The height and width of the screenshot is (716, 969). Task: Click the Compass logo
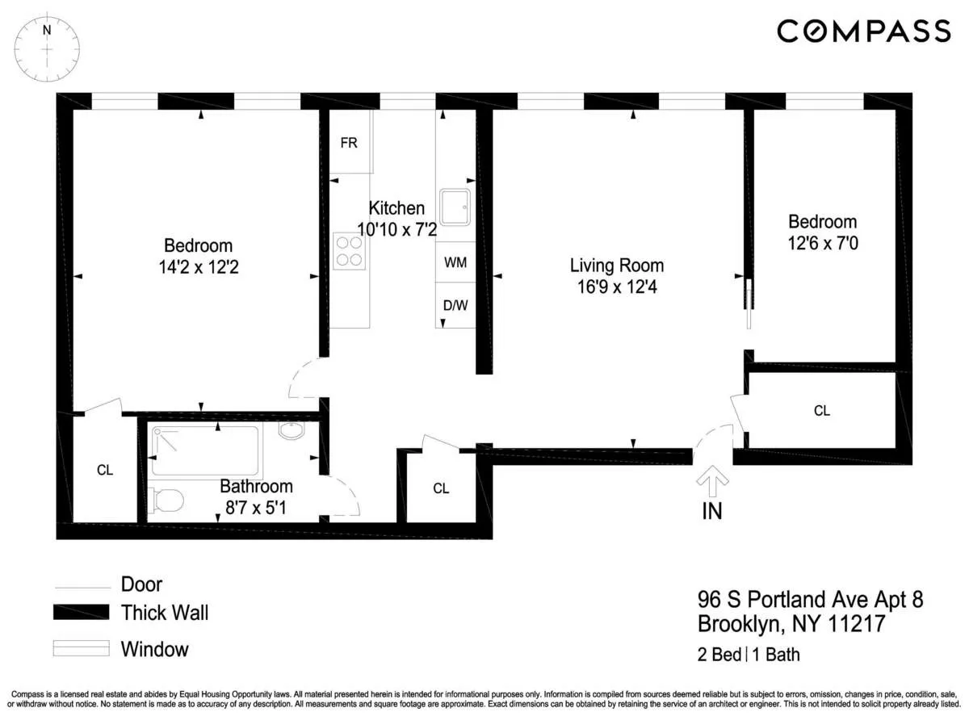[863, 31]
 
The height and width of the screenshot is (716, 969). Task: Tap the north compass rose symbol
[48, 49]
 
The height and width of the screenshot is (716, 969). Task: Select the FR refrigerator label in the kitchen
[349, 143]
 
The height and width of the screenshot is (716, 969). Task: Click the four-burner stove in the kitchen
[350, 249]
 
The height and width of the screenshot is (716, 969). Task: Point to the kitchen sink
[455, 207]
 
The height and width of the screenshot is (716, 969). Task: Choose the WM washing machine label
[455, 263]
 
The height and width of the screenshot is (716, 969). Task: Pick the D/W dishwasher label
[455, 305]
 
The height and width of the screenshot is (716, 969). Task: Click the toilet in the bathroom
[166, 500]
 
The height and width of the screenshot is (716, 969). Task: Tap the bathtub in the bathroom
[204, 450]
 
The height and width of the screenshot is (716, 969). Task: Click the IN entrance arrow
[711, 485]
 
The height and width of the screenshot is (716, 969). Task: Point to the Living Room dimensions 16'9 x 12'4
[616, 287]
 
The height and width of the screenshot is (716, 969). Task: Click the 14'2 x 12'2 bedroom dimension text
[198, 266]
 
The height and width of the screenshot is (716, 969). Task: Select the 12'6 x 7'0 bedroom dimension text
[822, 242]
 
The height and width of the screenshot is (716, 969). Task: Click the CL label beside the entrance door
[821, 411]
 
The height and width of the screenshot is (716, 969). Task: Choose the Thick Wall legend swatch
[81, 613]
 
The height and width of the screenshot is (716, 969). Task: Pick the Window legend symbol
[81, 649]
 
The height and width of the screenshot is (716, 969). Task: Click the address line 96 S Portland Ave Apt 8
[809, 600]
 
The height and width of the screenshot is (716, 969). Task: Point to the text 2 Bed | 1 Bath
[749, 655]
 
